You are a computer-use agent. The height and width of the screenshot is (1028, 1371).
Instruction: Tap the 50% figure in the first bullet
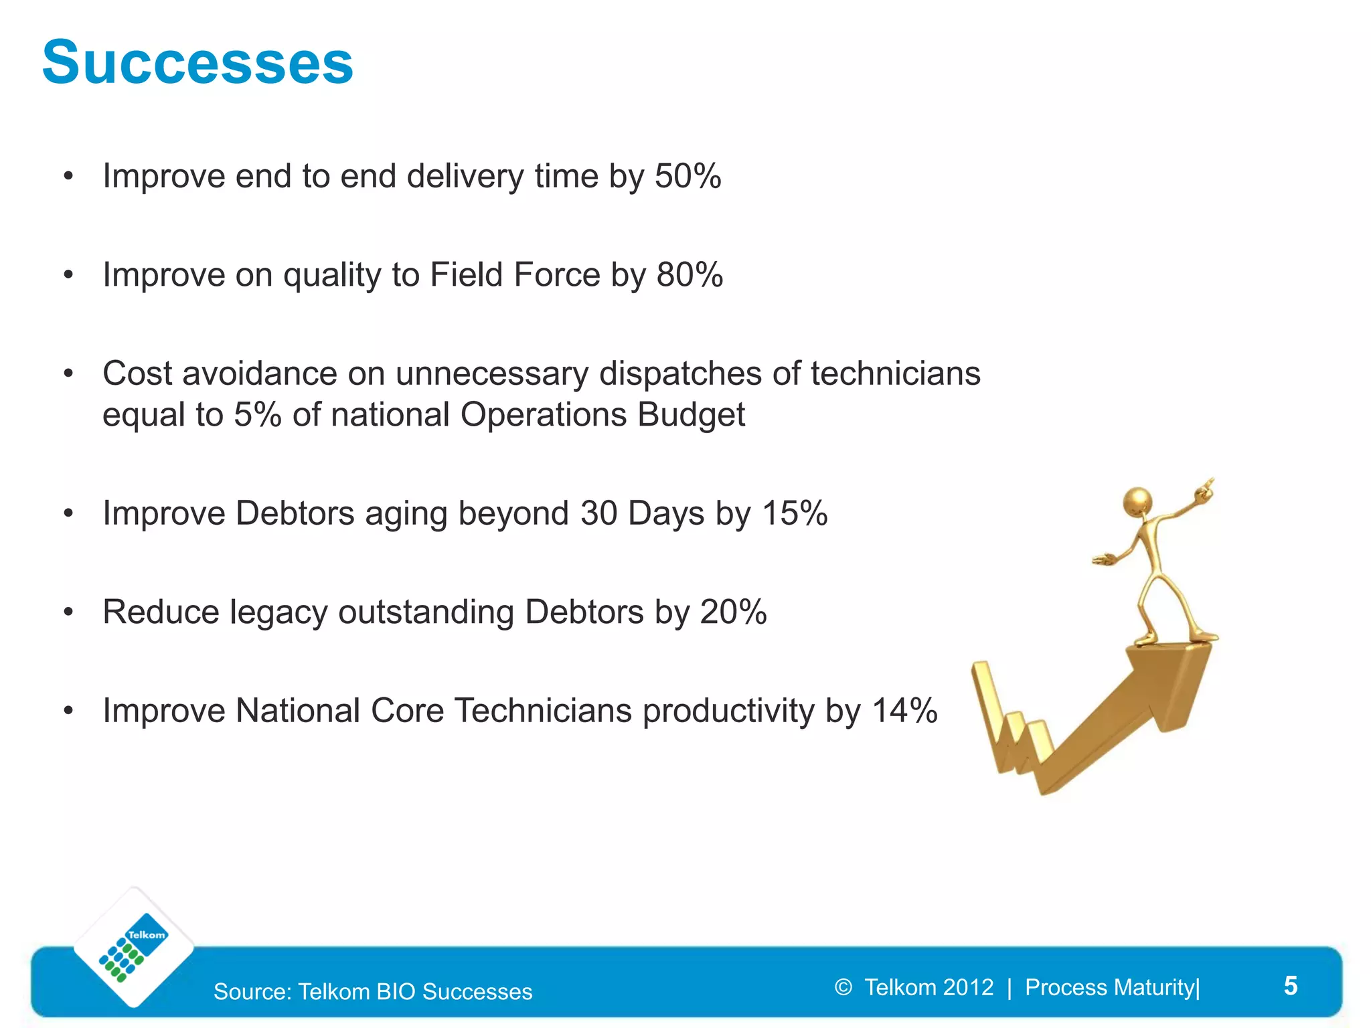[688, 177]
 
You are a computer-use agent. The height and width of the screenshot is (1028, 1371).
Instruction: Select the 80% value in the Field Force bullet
[690, 275]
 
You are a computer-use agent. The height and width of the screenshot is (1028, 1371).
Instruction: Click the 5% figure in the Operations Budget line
[257, 414]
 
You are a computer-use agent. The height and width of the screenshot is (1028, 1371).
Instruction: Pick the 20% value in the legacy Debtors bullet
[733, 612]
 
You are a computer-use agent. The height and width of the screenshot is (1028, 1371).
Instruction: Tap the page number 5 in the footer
[1291, 986]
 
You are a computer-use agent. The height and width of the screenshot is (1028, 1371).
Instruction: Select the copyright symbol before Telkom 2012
[843, 987]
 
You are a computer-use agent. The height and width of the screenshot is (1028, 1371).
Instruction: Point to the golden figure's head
[1137, 501]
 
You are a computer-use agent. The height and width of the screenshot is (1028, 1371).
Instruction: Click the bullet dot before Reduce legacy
[68, 612]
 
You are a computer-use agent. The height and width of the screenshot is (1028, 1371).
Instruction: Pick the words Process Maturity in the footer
[1110, 987]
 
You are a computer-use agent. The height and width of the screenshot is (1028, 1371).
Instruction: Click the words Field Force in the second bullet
[515, 275]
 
